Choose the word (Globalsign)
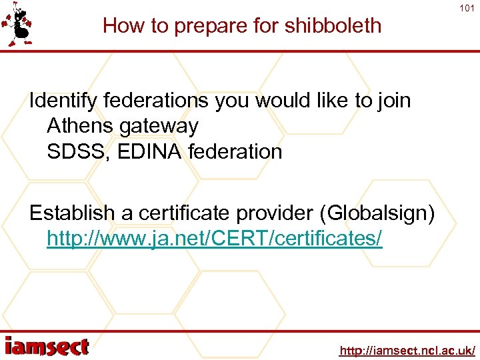pyautogui.click(x=378, y=215)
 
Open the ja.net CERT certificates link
pyautogui.click(x=215, y=238)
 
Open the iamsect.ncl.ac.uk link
pyautogui.click(x=407, y=350)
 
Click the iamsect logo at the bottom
pyautogui.click(x=47, y=347)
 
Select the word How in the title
pyautogui.click(x=119, y=25)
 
